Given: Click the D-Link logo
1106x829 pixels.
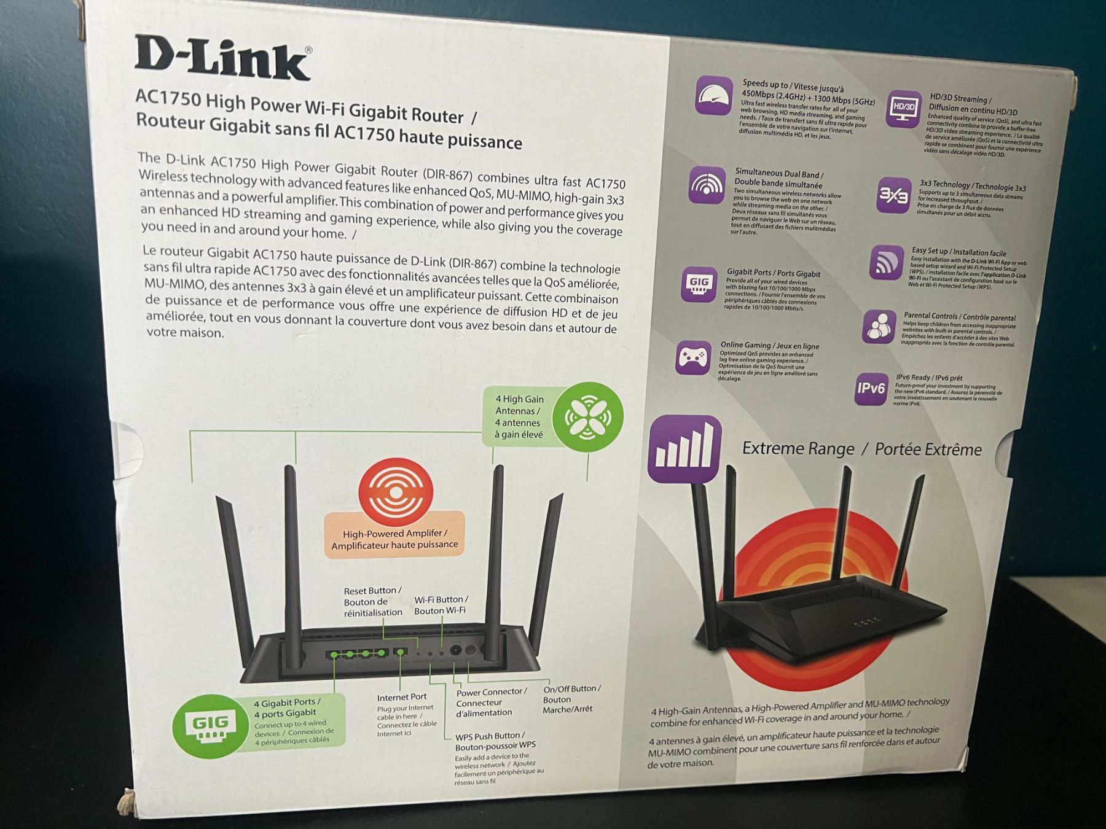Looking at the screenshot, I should tap(222, 59).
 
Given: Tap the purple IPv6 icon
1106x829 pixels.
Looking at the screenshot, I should tap(871, 389).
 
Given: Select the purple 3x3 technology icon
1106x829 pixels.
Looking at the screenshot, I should tap(893, 196).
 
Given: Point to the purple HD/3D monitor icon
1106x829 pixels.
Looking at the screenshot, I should tap(903, 109).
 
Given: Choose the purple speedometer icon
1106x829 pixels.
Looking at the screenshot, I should tap(714, 96).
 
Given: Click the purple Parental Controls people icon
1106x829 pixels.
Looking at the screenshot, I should tap(879, 326).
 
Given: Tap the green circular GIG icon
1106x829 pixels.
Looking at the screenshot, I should tap(210, 726).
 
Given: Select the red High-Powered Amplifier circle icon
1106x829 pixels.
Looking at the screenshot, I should tap(396, 492).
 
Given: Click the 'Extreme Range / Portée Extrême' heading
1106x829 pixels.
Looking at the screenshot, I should tap(861, 449).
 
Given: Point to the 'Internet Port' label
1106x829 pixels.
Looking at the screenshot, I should tap(402, 697).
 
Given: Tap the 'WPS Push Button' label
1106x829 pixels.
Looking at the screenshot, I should tap(490, 736).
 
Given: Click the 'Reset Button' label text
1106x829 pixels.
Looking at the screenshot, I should tap(372, 591).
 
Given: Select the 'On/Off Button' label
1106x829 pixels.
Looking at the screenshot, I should tap(571, 689).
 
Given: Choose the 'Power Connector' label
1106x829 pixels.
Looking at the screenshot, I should tap(492, 692).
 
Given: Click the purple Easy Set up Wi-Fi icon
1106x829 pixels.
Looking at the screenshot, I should tap(885, 262).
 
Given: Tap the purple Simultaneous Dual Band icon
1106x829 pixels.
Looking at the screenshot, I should tap(707, 184).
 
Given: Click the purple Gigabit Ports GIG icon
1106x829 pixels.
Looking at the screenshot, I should tap(699, 284).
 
